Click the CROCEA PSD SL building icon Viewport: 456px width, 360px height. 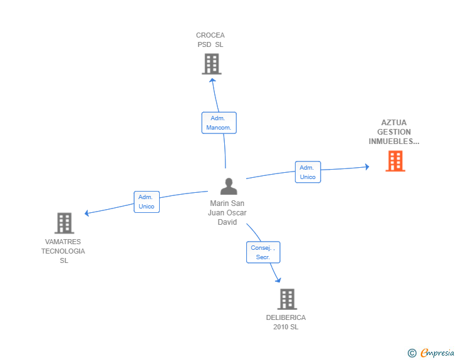212,64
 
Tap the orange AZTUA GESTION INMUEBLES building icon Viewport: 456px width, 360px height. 395,161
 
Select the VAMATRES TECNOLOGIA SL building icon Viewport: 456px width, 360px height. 64,223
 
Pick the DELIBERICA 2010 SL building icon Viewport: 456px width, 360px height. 286,299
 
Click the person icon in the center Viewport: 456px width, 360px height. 229,187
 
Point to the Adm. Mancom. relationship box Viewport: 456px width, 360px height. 219,123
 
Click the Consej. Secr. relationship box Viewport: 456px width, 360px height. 263,252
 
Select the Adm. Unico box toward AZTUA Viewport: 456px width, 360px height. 308,172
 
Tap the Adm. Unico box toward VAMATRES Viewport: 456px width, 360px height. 147,202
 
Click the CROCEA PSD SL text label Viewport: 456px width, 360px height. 210,40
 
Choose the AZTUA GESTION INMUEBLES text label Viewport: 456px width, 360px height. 394,132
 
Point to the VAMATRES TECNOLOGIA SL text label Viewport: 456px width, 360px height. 63,251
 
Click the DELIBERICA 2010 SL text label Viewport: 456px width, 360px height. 286,322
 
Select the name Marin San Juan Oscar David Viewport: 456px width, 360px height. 227,213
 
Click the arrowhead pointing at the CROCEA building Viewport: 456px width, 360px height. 212,79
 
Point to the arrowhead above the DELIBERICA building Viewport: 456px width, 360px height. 277,280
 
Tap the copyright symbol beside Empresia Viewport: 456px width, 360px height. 412,353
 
